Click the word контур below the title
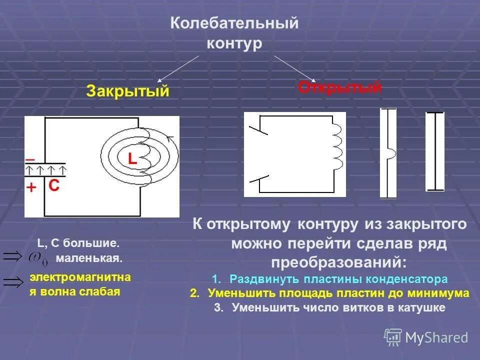(234, 43)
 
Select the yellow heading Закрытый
(127, 91)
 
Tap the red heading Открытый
(339, 87)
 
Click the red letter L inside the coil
(132, 159)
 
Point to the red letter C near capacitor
(54, 186)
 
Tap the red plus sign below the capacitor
(31, 187)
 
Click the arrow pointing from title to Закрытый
(178, 68)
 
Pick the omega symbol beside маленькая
(38, 258)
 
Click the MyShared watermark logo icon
(393, 336)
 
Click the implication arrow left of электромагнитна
(13, 282)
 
